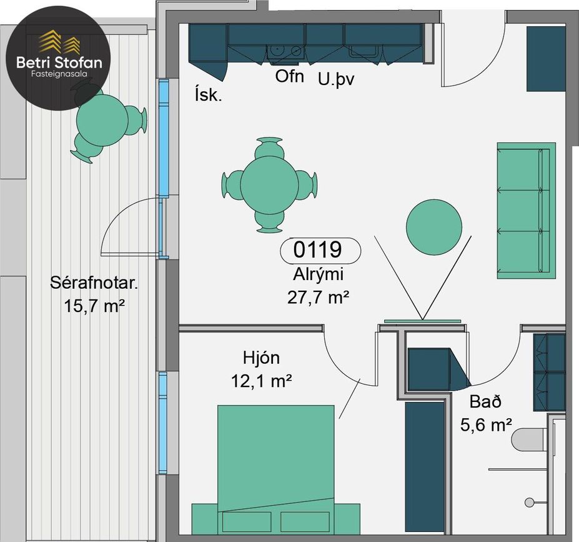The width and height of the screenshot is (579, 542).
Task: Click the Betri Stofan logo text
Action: coord(59,62)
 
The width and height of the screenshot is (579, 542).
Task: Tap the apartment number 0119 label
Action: coord(317,249)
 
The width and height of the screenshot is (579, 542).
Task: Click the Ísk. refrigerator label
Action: coord(208,94)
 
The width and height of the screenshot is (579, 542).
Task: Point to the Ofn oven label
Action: coord(290,76)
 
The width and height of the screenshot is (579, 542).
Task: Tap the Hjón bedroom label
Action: coord(262,358)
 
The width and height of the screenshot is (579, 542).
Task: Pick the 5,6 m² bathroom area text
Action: coord(486,425)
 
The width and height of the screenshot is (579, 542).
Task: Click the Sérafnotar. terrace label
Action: coord(94,283)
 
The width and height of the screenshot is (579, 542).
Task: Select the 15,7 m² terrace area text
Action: coord(94,306)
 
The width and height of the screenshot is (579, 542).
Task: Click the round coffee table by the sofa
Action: coord(434,227)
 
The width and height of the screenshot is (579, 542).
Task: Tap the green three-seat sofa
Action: coord(526,211)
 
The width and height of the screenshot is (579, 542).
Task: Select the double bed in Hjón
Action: coord(276,470)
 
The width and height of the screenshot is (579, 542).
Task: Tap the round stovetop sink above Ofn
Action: coord(275,49)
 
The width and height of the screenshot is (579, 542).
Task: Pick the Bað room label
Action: coord(485,401)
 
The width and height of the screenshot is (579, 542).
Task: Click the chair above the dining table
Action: coord(270,148)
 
